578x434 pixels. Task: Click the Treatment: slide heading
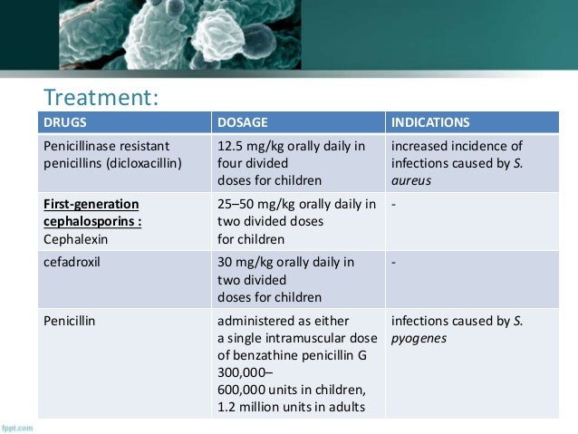(102, 96)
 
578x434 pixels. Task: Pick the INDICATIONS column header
(430, 121)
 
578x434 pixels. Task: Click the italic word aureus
(412, 182)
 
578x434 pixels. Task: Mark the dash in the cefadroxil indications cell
(394, 263)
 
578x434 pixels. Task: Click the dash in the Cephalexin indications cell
(394, 204)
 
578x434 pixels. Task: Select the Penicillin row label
(72, 320)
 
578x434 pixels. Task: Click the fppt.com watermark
(17, 426)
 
